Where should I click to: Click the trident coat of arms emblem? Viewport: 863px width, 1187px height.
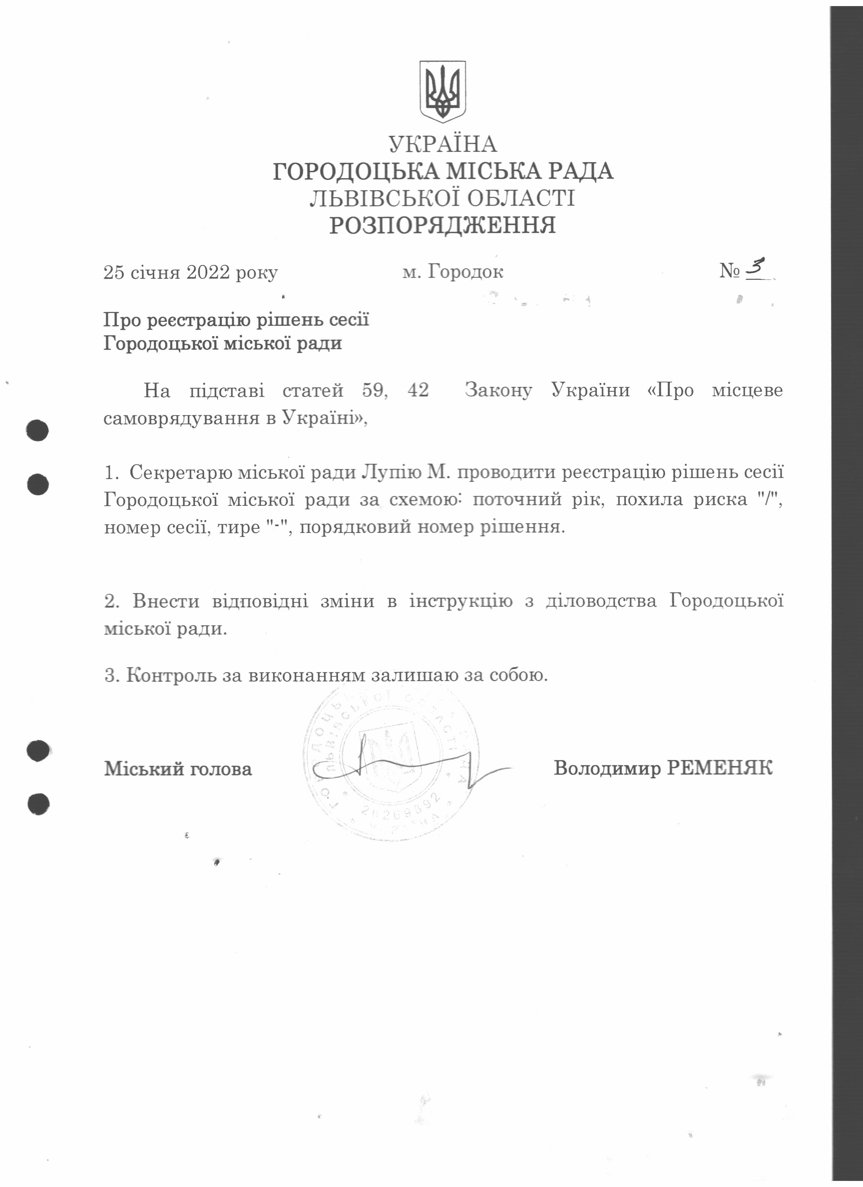pyautogui.click(x=442, y=92)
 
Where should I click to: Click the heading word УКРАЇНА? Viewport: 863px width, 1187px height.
pyautogui.click(x=442, y=144)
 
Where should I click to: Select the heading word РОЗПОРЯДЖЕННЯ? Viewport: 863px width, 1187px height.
pyautogui.click(x=442, y=226)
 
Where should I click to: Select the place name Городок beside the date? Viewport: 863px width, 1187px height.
pyautogui.click(x=465, y=272)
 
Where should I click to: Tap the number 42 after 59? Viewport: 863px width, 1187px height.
pyautogui.click(x=418, y=390)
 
